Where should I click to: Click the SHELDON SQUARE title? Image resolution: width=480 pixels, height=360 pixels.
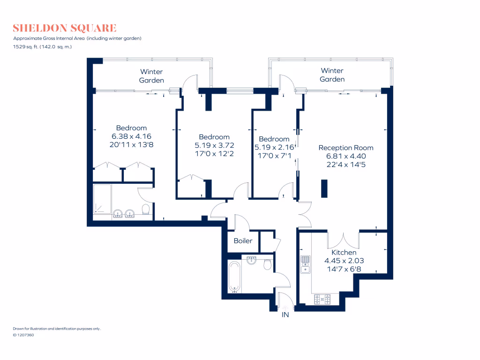[65, 28]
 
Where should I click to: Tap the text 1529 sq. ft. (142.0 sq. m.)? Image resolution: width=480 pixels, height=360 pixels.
[43, 46]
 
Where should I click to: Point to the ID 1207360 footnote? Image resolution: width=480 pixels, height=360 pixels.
[23, 335]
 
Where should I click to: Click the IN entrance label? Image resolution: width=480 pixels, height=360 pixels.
[285, 315]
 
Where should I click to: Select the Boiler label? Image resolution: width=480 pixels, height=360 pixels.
[243, 241]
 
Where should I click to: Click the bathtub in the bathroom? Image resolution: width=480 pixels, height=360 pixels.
[234, 277]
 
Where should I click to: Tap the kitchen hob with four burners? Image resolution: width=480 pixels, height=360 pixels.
[322, 298]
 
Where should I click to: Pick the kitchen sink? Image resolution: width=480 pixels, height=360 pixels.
[306, 264]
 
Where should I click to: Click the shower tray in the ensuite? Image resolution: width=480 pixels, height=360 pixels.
[103, 199]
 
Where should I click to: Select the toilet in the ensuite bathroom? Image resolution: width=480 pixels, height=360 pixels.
[146, 210]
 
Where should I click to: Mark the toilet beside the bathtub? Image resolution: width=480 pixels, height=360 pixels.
[267, 264]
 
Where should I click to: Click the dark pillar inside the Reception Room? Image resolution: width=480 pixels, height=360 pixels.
[324, 188]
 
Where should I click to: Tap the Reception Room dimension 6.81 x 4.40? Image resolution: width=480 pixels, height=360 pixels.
[346, 156]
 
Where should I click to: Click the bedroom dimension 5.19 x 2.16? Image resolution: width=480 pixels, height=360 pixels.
[274, 147]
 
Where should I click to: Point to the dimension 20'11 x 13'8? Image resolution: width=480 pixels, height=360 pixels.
[131, 145]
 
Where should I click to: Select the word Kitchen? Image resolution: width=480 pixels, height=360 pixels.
[344, 253]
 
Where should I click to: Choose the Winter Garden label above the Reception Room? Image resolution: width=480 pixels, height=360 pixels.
[332, 75]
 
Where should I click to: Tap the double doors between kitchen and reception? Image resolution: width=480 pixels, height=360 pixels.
[344, 240]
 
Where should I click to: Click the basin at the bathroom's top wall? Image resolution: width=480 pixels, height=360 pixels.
[252, 260]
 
